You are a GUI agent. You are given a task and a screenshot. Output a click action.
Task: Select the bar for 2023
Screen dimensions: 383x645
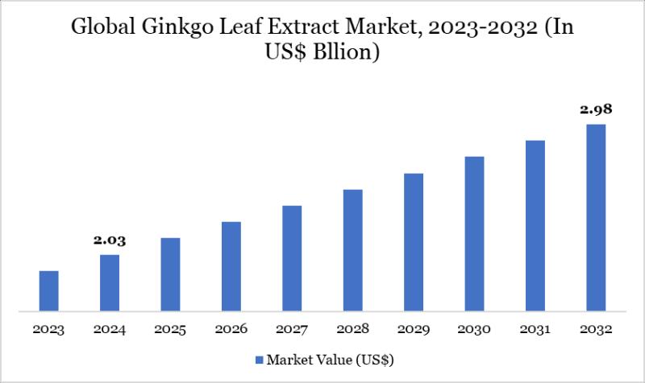coord(48,290)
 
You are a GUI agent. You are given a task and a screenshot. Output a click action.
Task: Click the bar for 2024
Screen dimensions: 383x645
coord(110,282)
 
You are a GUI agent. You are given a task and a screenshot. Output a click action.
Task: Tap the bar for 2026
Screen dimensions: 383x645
coord(231,266)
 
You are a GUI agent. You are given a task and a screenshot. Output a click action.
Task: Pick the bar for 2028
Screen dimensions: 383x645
coord(352,249)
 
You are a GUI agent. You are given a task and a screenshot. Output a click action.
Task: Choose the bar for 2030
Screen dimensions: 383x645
coord(474,233)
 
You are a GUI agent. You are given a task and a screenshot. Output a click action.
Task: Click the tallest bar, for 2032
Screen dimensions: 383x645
coord(596,217)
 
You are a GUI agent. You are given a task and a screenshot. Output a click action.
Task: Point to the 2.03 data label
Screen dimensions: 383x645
coord(110,240)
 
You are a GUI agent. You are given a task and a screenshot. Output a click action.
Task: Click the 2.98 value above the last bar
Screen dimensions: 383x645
coord(596,109)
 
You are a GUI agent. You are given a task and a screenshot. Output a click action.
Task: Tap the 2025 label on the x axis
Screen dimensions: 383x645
coord(170,330)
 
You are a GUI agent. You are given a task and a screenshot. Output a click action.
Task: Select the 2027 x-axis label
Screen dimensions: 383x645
coord(292,330)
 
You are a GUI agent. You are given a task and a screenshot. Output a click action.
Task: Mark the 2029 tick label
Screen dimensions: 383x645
coord(414,330)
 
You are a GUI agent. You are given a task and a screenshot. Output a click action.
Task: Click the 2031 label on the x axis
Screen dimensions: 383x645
coord(535,330)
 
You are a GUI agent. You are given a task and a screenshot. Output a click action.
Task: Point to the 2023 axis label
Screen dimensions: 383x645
coord(48,330)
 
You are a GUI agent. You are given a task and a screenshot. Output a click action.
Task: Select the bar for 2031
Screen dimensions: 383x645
coord(535,225)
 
